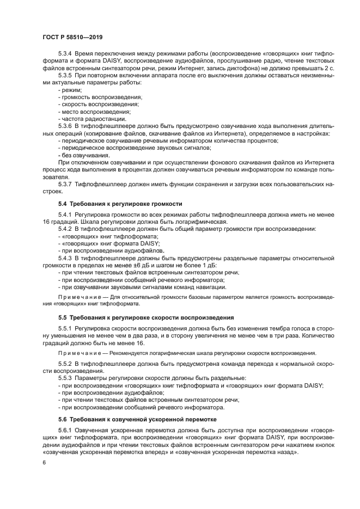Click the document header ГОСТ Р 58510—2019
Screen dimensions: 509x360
(x=72, y=37)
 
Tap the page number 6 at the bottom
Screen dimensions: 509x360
(x=44, y=462)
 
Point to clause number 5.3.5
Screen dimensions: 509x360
(x=67, y=76)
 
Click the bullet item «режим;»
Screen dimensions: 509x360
(x=70, y=90)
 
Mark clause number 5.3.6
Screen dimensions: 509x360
(x=67, y=126)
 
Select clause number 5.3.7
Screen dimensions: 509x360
(x=67, y=183)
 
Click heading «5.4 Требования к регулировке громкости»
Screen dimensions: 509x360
(x=120, y=203)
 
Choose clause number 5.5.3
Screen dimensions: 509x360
(x=67, y=377)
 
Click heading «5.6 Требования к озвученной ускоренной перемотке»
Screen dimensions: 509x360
(x=137, y=419)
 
